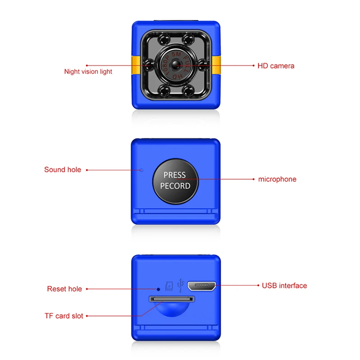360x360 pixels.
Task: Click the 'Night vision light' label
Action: [x=88, y=72]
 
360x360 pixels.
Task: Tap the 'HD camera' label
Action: [x=276, y=66]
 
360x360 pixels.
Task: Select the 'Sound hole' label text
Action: [x=63, y=170]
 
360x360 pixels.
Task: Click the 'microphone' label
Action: [x=277, y=179]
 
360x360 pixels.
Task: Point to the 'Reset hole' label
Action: [x=64, y=289]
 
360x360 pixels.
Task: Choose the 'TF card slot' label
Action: [x=64, y=316]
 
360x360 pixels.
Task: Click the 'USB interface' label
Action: [x=284, y=285]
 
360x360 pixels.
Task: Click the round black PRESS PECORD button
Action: [x=175, y=180]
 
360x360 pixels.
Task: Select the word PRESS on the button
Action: [x=175, y=175]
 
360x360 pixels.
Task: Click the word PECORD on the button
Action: [x=175, y=186]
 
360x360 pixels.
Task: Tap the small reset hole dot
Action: [x=158, y=289]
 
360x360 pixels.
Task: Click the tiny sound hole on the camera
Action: [x=141, y=170]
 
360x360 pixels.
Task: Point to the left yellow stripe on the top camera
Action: [x=135, y=65]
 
